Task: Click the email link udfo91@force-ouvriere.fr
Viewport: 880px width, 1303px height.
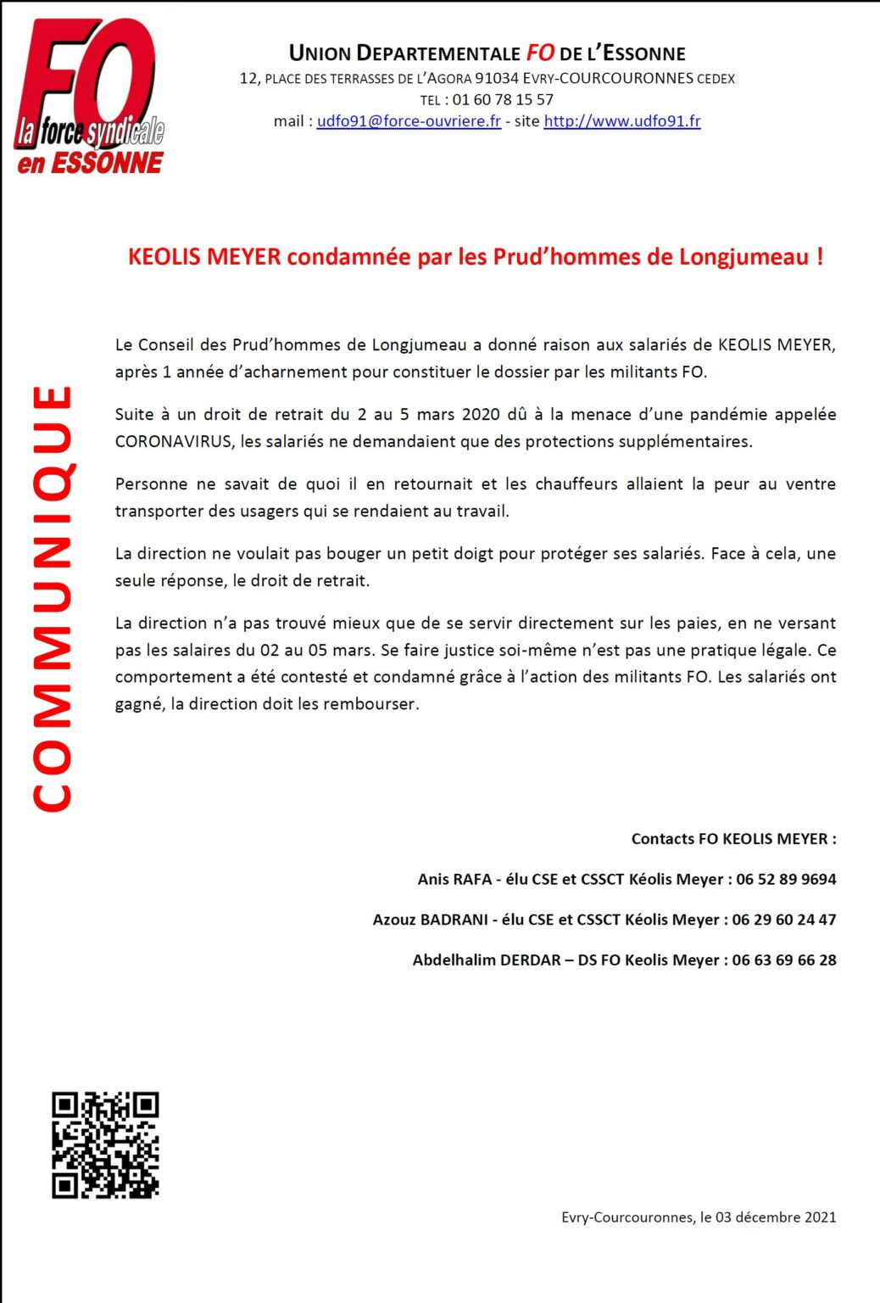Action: pos(409,121)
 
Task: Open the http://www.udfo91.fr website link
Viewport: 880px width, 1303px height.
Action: pos(621,121)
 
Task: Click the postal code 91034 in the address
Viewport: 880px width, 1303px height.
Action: pos(496,79)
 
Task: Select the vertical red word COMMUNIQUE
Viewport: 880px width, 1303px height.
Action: pos(53,598)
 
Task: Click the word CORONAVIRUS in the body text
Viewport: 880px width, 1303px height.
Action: pos(173,442)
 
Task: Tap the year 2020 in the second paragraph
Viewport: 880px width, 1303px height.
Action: pos(481,415)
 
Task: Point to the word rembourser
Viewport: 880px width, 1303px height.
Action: pos(376,704)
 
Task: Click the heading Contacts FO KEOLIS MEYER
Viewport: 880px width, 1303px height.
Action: pos(732,839)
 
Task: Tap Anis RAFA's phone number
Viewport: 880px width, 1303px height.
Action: pos(786,880)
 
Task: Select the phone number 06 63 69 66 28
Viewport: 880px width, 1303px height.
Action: pos(784,960)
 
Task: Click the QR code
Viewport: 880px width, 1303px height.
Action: pos(105,1144)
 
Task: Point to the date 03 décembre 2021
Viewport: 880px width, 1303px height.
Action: pos(776,1217)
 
